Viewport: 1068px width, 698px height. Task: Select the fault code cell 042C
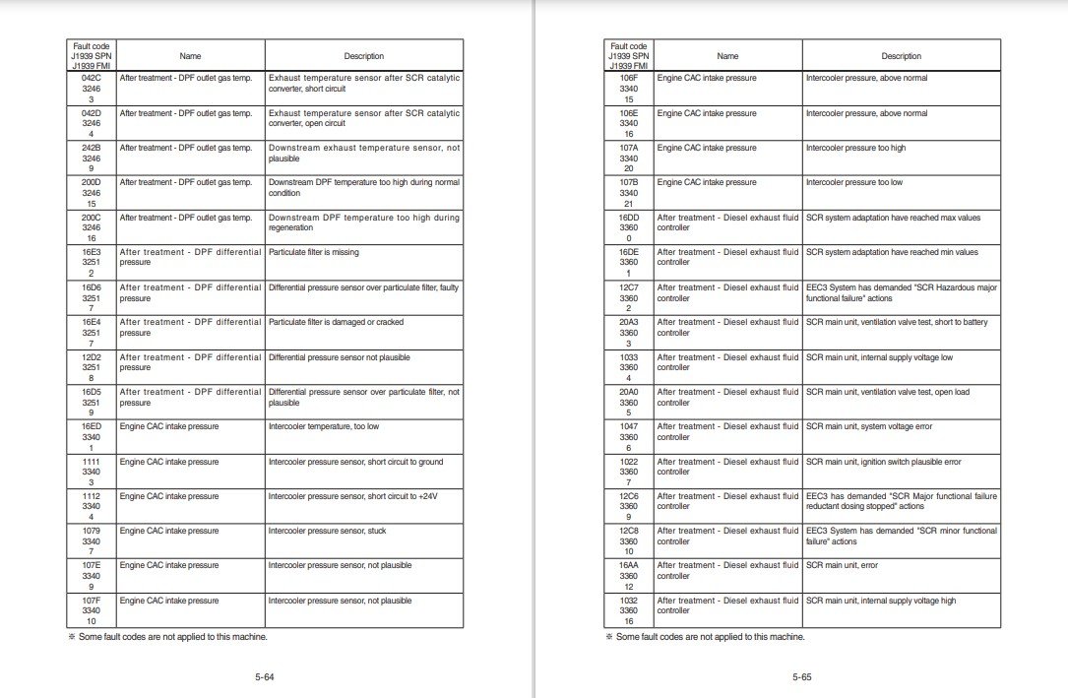pyautogui.click(x=91, y=78)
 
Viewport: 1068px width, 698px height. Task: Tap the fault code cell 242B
pyautogui.click(x=91, y=148)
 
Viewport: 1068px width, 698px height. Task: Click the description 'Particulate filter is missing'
pyautogui.click(x=314, y=252)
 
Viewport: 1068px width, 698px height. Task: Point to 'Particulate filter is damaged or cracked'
pyautogui.click(x=336, y=322)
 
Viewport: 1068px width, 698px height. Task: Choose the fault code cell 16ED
pyautogui.click(x=91, y=426)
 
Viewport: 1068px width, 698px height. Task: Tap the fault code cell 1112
pyautogui.click(x=91, y=496)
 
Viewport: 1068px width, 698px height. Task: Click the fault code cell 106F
pyautogui.click(x=628, y=78)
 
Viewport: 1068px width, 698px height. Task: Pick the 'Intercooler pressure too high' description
pyautogui.click(x=855, y=148)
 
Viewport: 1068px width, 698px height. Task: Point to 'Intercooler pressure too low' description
pyautogui.click(x=853, y=182)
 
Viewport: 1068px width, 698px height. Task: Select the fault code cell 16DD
pyautogui.click(x=628, y=218)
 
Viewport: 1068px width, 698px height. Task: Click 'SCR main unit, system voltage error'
pyautogui.click(x=869, y=426)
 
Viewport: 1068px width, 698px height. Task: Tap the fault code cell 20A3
pyautogui.click(x=628, y=322)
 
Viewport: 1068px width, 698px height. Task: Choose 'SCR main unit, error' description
pyautogui.click(x=838, y=565)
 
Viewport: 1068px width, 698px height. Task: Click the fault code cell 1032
pyautogui.click(x=628, y=601)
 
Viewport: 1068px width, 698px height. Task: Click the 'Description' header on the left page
pyautogui.click(x=363, y=56)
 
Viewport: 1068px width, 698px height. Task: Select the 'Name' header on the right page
pyautogui.click(x=727, y=56)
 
